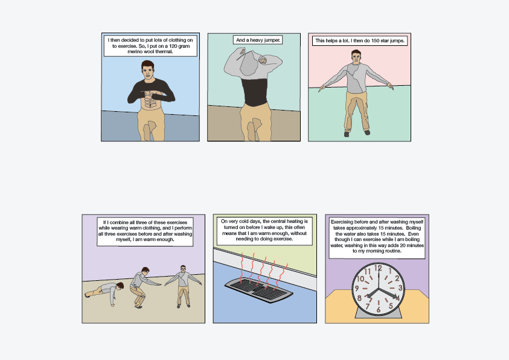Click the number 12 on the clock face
[378, 268]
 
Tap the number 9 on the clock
[357, 288]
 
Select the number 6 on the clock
[378, 310]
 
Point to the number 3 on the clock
[400, 288]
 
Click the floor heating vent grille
[258, 289]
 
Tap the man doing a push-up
[104, 292]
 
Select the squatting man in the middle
[143, 287]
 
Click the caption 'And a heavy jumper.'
[258, 40]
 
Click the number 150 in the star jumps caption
[376, 40]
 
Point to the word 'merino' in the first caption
[135, 51]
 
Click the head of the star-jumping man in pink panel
[356, 57]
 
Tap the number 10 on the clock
[360, 279]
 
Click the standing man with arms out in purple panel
[183, 286]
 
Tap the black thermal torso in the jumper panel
[255, 92]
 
